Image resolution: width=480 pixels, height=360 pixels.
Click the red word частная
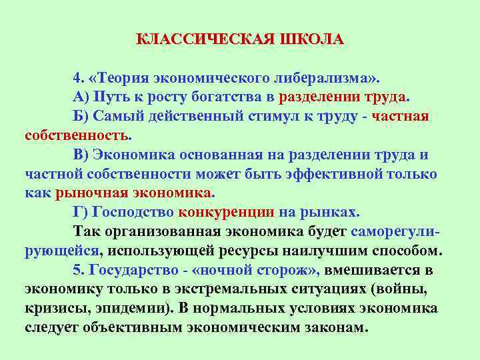[x=400, y=117]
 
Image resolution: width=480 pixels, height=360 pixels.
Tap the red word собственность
[x=77, y=136]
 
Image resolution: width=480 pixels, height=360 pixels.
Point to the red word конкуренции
[x=226, y=213]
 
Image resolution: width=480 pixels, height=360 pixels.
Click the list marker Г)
[x=81, y=213]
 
